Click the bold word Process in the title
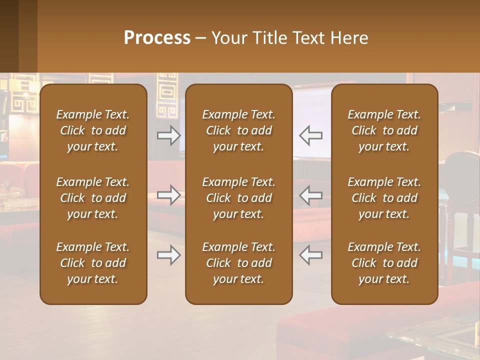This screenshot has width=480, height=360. point(157,38)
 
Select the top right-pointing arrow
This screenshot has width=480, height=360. point(168,135)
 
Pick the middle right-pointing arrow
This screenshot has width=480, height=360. point(168,194)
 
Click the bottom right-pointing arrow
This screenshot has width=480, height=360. point(168,255)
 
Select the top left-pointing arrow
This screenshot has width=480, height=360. point(310,135)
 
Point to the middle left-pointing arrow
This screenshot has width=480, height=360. point(310,194)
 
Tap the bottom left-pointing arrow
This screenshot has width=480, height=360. point(310,255)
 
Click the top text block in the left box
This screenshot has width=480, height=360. point(93,130)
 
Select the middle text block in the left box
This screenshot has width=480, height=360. point(93,198)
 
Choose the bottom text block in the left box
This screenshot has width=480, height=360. point(93,263)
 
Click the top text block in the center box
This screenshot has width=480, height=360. point(238,130)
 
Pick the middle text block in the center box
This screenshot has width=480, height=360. point(238,198)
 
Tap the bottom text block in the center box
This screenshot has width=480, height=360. point(238,263)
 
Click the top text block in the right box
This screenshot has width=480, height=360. point(384,130)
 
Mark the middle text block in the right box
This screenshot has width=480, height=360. point(384,198)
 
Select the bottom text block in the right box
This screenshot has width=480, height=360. point(384,263)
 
